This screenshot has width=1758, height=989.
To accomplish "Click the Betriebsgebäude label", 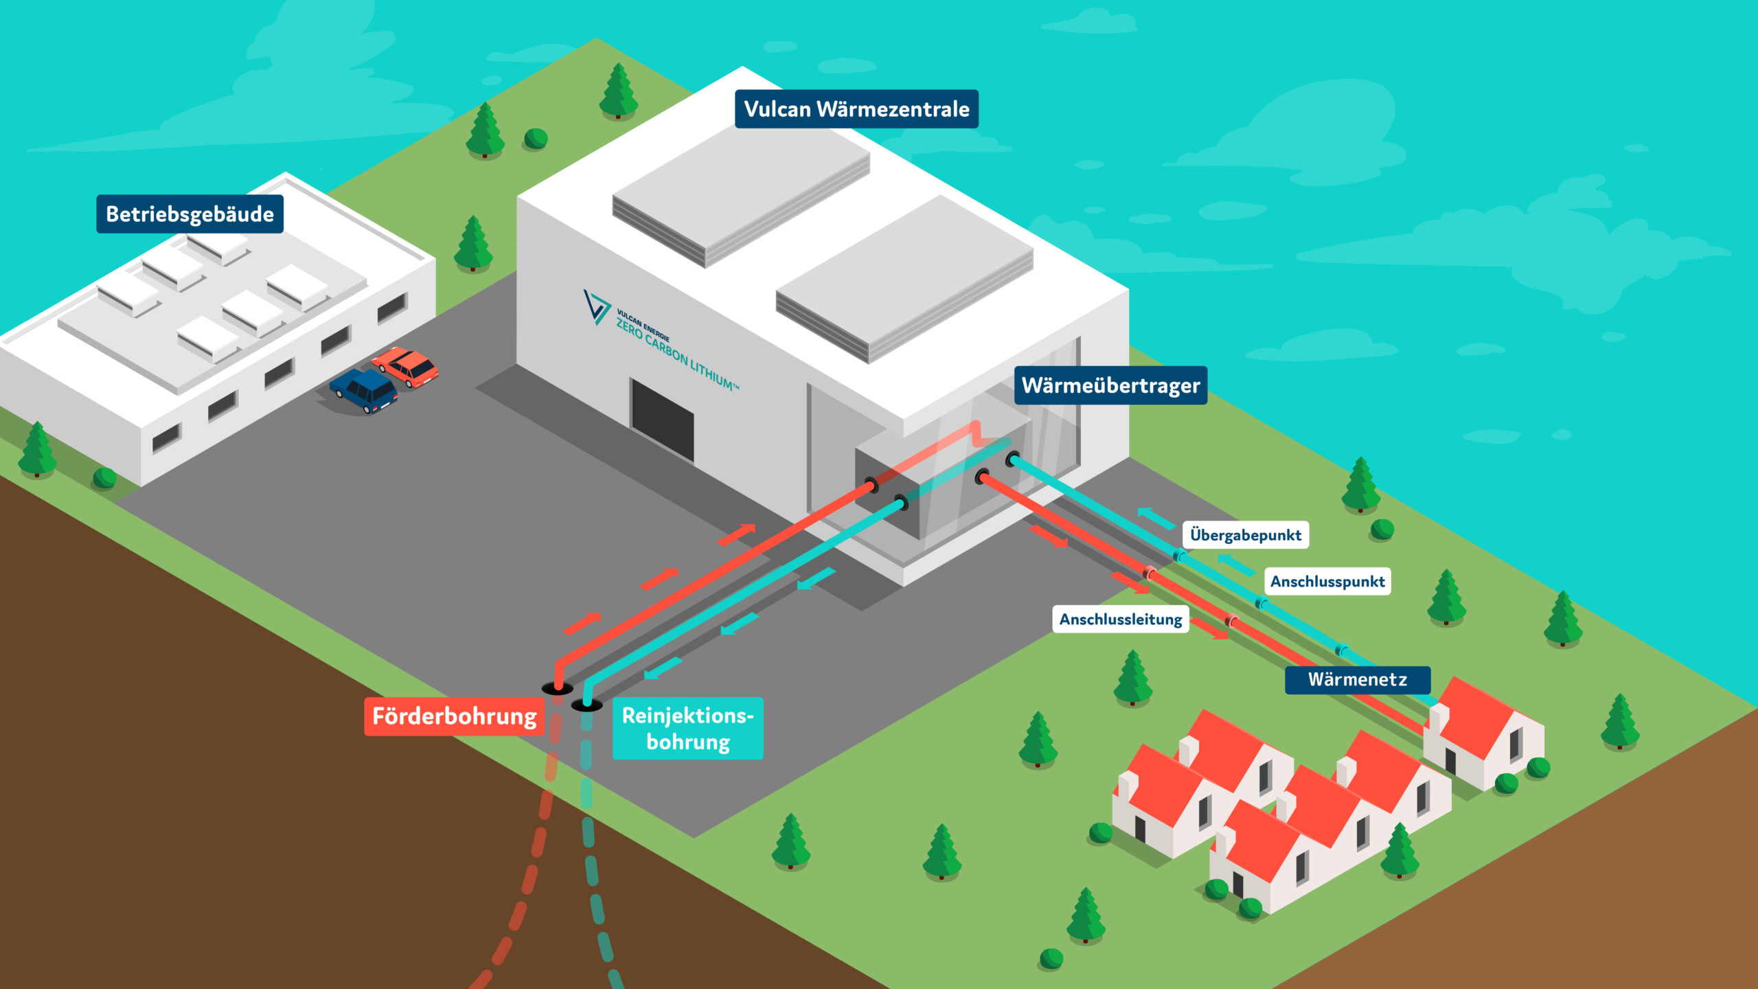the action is coord(190,214).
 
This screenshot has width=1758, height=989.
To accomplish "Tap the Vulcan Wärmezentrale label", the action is coord(856,109).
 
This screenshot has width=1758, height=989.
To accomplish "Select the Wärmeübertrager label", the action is coord(1110,385).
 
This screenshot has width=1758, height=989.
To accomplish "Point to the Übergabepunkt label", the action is coord(1245,535).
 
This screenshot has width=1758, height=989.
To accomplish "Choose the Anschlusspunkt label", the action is coord(1327,581).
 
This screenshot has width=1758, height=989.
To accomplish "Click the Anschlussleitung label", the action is coord(1121,619).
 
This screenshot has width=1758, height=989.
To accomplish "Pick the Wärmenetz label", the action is coord(1358,680).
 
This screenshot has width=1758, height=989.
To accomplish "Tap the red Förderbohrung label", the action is coord(454,716).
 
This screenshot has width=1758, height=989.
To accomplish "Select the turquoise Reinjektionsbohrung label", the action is coord(687,728).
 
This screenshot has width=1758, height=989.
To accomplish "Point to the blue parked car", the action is coord(364,391).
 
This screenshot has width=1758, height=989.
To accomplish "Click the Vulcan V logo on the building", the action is coord(596,306).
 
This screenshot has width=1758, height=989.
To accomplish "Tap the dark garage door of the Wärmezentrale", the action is coord(663,420).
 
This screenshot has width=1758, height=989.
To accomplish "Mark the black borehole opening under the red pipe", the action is coord(557,688).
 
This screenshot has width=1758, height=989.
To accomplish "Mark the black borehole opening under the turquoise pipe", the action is coord(587,705).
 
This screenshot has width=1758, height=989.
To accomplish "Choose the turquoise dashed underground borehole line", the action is coord(595,859).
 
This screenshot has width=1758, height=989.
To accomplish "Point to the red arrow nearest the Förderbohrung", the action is coord(582,624).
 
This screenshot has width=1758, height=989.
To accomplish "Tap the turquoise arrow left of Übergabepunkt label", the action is coord(1156,518).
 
